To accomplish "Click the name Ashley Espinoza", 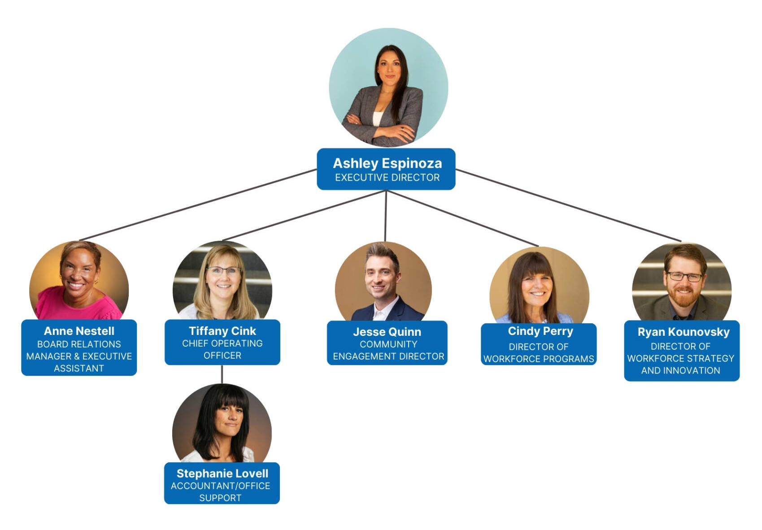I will tap(387, 163).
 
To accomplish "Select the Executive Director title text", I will tap(387, 178).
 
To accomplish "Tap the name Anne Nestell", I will tap(79, 331).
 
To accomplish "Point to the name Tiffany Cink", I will tap(222, 331).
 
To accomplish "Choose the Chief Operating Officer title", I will tap(222, 349).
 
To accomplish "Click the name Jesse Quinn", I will tap(387, 332).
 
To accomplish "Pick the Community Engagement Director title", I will tap(388, 350).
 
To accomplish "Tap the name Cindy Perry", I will tap(540, 331).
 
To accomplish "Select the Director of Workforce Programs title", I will tap(539, 353).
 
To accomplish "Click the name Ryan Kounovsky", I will tap(684, 332).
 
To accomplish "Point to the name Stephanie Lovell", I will tap(222, 474).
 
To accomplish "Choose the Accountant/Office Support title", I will tap(221, 492).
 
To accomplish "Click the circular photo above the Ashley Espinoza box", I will tap(388, 87).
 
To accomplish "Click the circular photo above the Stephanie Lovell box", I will tap(222, 424).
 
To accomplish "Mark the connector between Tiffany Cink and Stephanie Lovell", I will tap(222, 374).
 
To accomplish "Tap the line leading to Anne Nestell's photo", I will tap(197, 205).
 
